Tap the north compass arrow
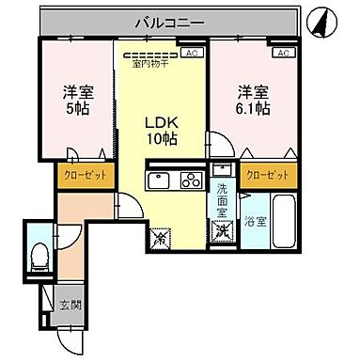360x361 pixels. point(322,21)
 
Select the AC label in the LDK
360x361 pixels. point(192,54)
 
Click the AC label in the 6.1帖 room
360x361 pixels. point(284,54)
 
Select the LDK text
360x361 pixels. point(160,121)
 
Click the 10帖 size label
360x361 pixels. point(160,138)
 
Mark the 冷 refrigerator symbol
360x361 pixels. point(158,239)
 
